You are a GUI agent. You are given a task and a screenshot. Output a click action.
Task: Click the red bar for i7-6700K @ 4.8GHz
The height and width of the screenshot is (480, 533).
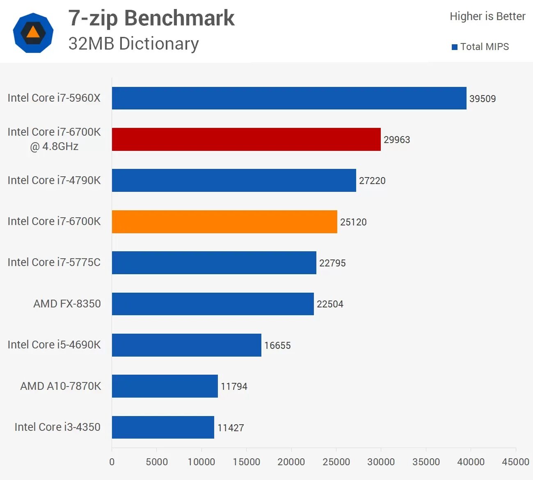pyautogui.click(x=246, y=139)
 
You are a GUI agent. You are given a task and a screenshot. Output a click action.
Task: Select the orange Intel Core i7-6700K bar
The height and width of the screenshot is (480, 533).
pyautogui.click(x=224, y=222)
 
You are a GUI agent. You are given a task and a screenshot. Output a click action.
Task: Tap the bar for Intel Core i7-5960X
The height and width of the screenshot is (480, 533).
pyautogui.click(x=289, y=98)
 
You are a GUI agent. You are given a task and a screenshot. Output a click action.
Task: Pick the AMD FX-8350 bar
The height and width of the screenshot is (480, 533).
pyautogui.click(x=213, y=304)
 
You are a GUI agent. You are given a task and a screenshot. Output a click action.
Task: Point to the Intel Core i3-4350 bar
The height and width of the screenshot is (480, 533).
pyautogui.click(x=163, y=427)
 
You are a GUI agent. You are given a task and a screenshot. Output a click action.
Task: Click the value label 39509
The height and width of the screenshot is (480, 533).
pyautogui.click(x=483, y=99)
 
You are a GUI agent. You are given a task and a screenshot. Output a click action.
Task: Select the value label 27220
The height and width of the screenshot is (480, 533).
pyautogui.click(x=372, y=181)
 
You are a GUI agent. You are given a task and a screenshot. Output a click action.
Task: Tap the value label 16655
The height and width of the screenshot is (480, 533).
pyautogui.click(x=277, y=346)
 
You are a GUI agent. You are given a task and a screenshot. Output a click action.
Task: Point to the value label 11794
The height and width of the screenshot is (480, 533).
pyautogui.click(x=234, y=387)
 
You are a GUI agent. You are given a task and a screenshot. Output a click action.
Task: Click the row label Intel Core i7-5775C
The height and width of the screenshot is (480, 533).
pyautogui.click(x=54, y=262)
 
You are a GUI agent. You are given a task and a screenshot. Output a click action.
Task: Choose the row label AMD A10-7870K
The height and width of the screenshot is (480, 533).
pyautogui.click(x=61, y=386)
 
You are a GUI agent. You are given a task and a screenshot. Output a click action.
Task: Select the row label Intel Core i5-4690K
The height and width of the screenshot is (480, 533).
pyautogui.click(x=54, y=345)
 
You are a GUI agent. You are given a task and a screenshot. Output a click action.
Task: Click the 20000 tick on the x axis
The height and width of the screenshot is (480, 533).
pyautogui.click(x=291, y=462)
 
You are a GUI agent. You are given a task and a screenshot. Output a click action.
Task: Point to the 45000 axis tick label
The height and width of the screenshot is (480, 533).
pyautogui.click(x=515, y=462)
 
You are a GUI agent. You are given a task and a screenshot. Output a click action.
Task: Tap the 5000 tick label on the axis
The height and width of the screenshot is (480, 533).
pyautogui.click(x=156, y=462)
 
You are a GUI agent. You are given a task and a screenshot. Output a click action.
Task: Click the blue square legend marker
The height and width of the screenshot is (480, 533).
pyautogui.click(x=455, y=47)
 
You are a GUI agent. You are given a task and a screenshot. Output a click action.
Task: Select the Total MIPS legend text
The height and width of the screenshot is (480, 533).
pyautogui.click(x=485, y=47)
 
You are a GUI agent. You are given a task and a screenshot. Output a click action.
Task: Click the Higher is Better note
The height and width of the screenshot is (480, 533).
pyautogui.click(x=487, y=16)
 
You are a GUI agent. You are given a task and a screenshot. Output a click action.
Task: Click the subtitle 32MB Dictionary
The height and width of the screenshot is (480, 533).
pyautogui.click(x=134, y=43)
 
